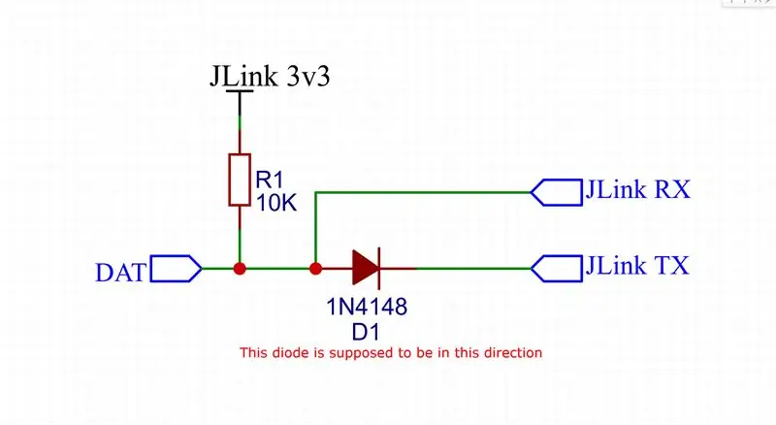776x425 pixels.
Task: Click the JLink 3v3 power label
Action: coord(270,77)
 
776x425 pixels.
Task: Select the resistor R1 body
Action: coord(240,180)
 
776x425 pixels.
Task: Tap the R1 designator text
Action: coord(269,180)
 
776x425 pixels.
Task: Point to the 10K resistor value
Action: coord(276,203)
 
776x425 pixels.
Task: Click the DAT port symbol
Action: coord(176,269)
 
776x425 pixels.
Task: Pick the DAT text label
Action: coord(120,273)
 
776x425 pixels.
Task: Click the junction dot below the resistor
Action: coord(240,269)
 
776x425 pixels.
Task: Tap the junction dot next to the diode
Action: coord(315,269)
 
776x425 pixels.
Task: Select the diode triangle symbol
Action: coord(366,268)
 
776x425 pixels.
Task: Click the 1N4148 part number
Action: coord(367,308)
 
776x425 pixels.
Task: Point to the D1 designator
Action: coord(366,333)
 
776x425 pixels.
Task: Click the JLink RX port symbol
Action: coord(556,192)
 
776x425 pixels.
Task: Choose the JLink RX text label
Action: coord(637,190)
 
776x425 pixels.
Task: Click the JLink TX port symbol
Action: coord(556,269)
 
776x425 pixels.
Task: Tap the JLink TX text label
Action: coord(637,266)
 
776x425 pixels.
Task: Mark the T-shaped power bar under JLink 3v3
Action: coord(240,103)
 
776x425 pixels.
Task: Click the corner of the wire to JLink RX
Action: coord(315,192)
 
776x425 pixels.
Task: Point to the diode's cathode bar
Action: coord(379,268)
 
